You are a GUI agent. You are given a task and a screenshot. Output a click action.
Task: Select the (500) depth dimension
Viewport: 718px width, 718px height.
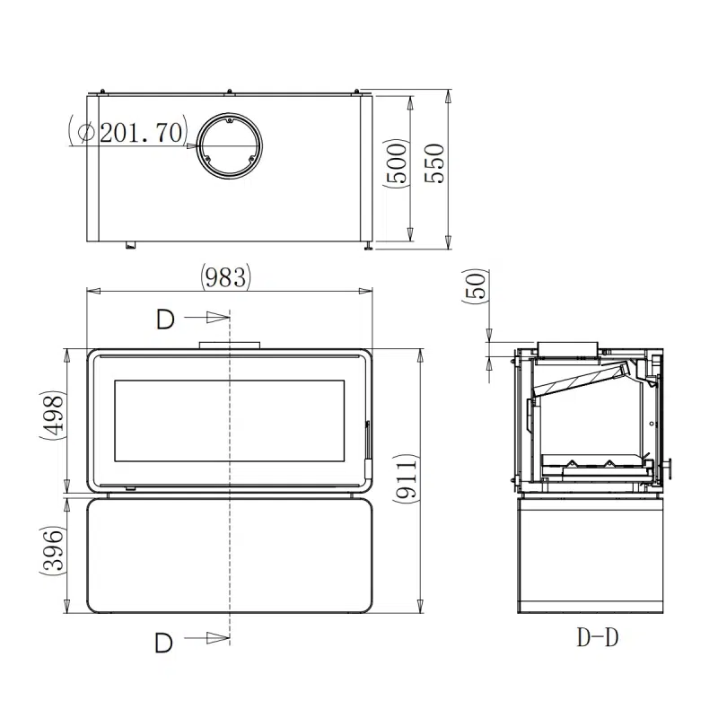pyautogui.click(x=395, y=162)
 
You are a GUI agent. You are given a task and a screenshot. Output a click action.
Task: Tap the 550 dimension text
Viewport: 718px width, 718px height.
pyautogui.click(x=433, y=162)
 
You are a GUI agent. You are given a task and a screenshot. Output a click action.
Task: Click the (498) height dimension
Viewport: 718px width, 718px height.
pyautogui.click(x=53, y=416)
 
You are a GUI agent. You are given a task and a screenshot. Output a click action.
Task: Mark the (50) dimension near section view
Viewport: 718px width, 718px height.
pyautogui.click(x=476, y=287)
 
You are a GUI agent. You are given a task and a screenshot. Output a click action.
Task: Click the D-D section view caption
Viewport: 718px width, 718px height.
pyautogui.click(x=597, y=638)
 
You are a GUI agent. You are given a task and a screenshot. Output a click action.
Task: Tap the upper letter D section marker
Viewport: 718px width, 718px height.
pyautogui.click(x=164, y=318)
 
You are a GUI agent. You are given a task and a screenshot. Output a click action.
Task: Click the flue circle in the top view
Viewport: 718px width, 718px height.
pyautogui.click(x=230, y=144)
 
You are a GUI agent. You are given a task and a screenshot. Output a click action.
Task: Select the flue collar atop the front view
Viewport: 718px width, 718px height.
pyautogui.click(x=230, y=344)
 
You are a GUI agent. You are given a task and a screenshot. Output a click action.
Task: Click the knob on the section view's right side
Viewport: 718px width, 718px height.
pyautogui.click(x=668, y=466)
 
